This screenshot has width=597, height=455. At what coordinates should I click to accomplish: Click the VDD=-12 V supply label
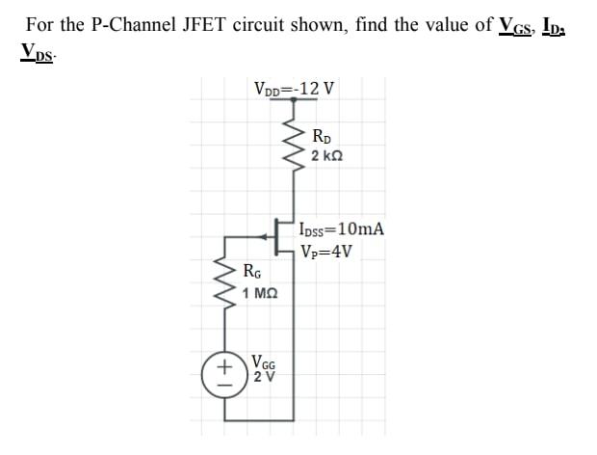[294, 90]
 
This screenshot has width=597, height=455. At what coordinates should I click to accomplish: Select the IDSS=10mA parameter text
[342, 229]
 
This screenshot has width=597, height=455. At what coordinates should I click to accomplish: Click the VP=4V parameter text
[325, 254]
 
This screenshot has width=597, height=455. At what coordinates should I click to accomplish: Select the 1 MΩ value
[260, 293]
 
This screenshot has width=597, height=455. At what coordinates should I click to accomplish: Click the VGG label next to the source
[263, 363]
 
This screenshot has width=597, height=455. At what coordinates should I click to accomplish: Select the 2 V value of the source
[263, 378]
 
